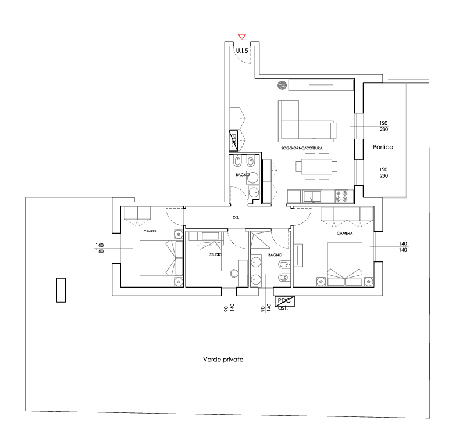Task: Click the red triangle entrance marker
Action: tap(242, 37)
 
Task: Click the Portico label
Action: tap(383, 148)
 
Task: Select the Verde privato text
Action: tap(223, 360)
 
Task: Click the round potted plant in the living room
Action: tap(282, 85)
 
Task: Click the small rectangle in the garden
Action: tap(61, 290)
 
